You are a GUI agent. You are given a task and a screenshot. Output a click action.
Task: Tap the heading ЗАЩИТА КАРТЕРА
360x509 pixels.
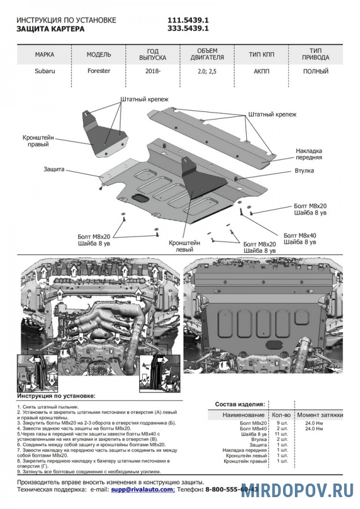(50, 28)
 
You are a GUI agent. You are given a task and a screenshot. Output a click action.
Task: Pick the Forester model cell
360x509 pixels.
(98, 71)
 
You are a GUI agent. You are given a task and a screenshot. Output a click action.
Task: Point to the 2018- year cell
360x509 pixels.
(152, 72)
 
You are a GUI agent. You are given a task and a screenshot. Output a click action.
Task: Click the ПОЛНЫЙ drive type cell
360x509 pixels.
(315, 72)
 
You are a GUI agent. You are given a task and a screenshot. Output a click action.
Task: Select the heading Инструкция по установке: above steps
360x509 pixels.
(56, 397)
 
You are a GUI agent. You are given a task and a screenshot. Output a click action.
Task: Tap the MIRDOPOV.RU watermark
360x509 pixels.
(297, 490)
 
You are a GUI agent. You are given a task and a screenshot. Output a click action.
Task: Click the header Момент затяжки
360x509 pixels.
(320, 415)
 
